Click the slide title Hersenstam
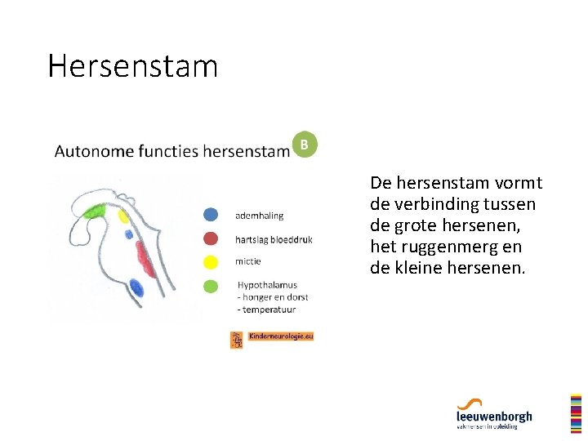click(132, 66)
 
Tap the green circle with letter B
click(305, 145)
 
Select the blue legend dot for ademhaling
click(212, 215)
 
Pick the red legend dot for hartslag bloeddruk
click(212, 238)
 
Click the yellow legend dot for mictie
click(212, 262)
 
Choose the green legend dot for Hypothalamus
click(212, 286)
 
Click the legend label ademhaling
click(259, 216)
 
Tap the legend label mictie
click(247, 262)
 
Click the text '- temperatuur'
click(266, 310)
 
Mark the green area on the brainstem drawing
click(96, 211)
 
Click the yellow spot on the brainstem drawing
click(124, 217)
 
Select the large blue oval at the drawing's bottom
click(136, 288)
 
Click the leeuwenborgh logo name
click(494, 416)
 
